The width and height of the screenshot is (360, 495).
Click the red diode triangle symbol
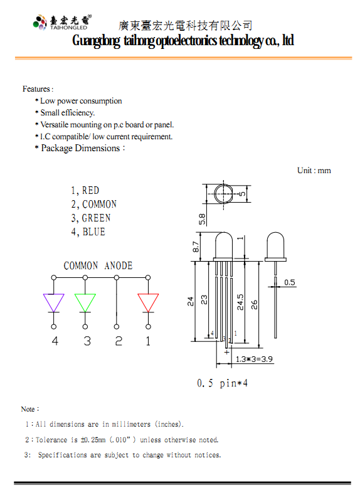coord(148,303)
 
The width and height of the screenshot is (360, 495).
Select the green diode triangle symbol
coord(85,303)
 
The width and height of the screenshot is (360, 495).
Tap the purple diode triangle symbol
coord(54,303)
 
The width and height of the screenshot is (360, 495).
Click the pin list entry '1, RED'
coord(85,190)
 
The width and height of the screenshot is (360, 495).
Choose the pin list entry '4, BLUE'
coord(88,232)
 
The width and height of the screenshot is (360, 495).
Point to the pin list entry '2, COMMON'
coord(93,205)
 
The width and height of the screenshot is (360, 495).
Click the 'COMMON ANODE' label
coord(98,266)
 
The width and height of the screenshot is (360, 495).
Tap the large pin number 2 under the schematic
coord(119,341)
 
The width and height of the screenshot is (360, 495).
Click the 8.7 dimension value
coord(196,247)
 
